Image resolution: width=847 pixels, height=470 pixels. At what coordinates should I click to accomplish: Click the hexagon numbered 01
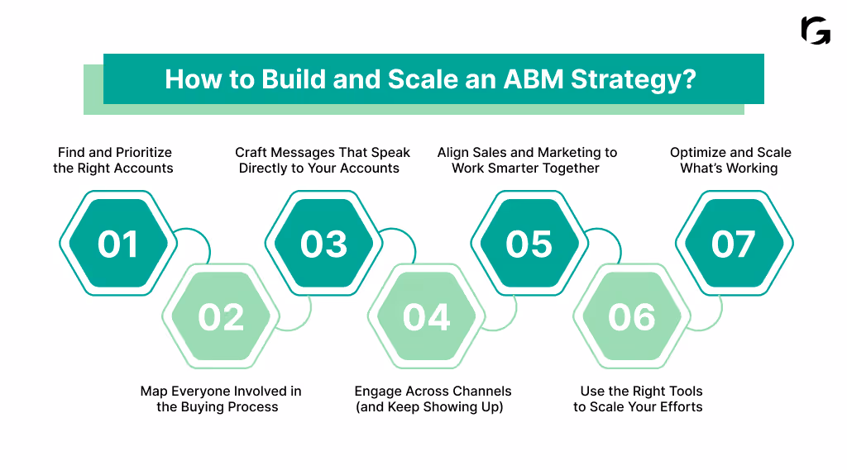118,244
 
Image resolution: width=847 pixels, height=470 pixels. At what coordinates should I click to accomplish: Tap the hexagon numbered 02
221,317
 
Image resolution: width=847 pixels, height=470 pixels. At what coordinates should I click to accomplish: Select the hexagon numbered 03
323,244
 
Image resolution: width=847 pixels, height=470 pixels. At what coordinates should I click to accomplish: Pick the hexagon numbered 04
426,317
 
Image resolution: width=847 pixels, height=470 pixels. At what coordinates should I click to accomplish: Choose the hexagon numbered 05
529,244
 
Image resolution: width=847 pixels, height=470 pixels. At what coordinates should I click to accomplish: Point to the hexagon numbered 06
631,317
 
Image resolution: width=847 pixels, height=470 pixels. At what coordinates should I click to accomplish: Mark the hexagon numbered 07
734,244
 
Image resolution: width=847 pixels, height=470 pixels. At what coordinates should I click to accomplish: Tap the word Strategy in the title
630,79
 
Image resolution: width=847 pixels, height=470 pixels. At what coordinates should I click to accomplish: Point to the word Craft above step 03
253,152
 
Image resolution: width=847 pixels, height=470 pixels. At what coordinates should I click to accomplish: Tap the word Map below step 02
155,391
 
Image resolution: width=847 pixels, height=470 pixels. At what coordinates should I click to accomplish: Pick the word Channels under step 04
480,391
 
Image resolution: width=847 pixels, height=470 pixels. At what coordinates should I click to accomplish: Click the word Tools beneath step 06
682,391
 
